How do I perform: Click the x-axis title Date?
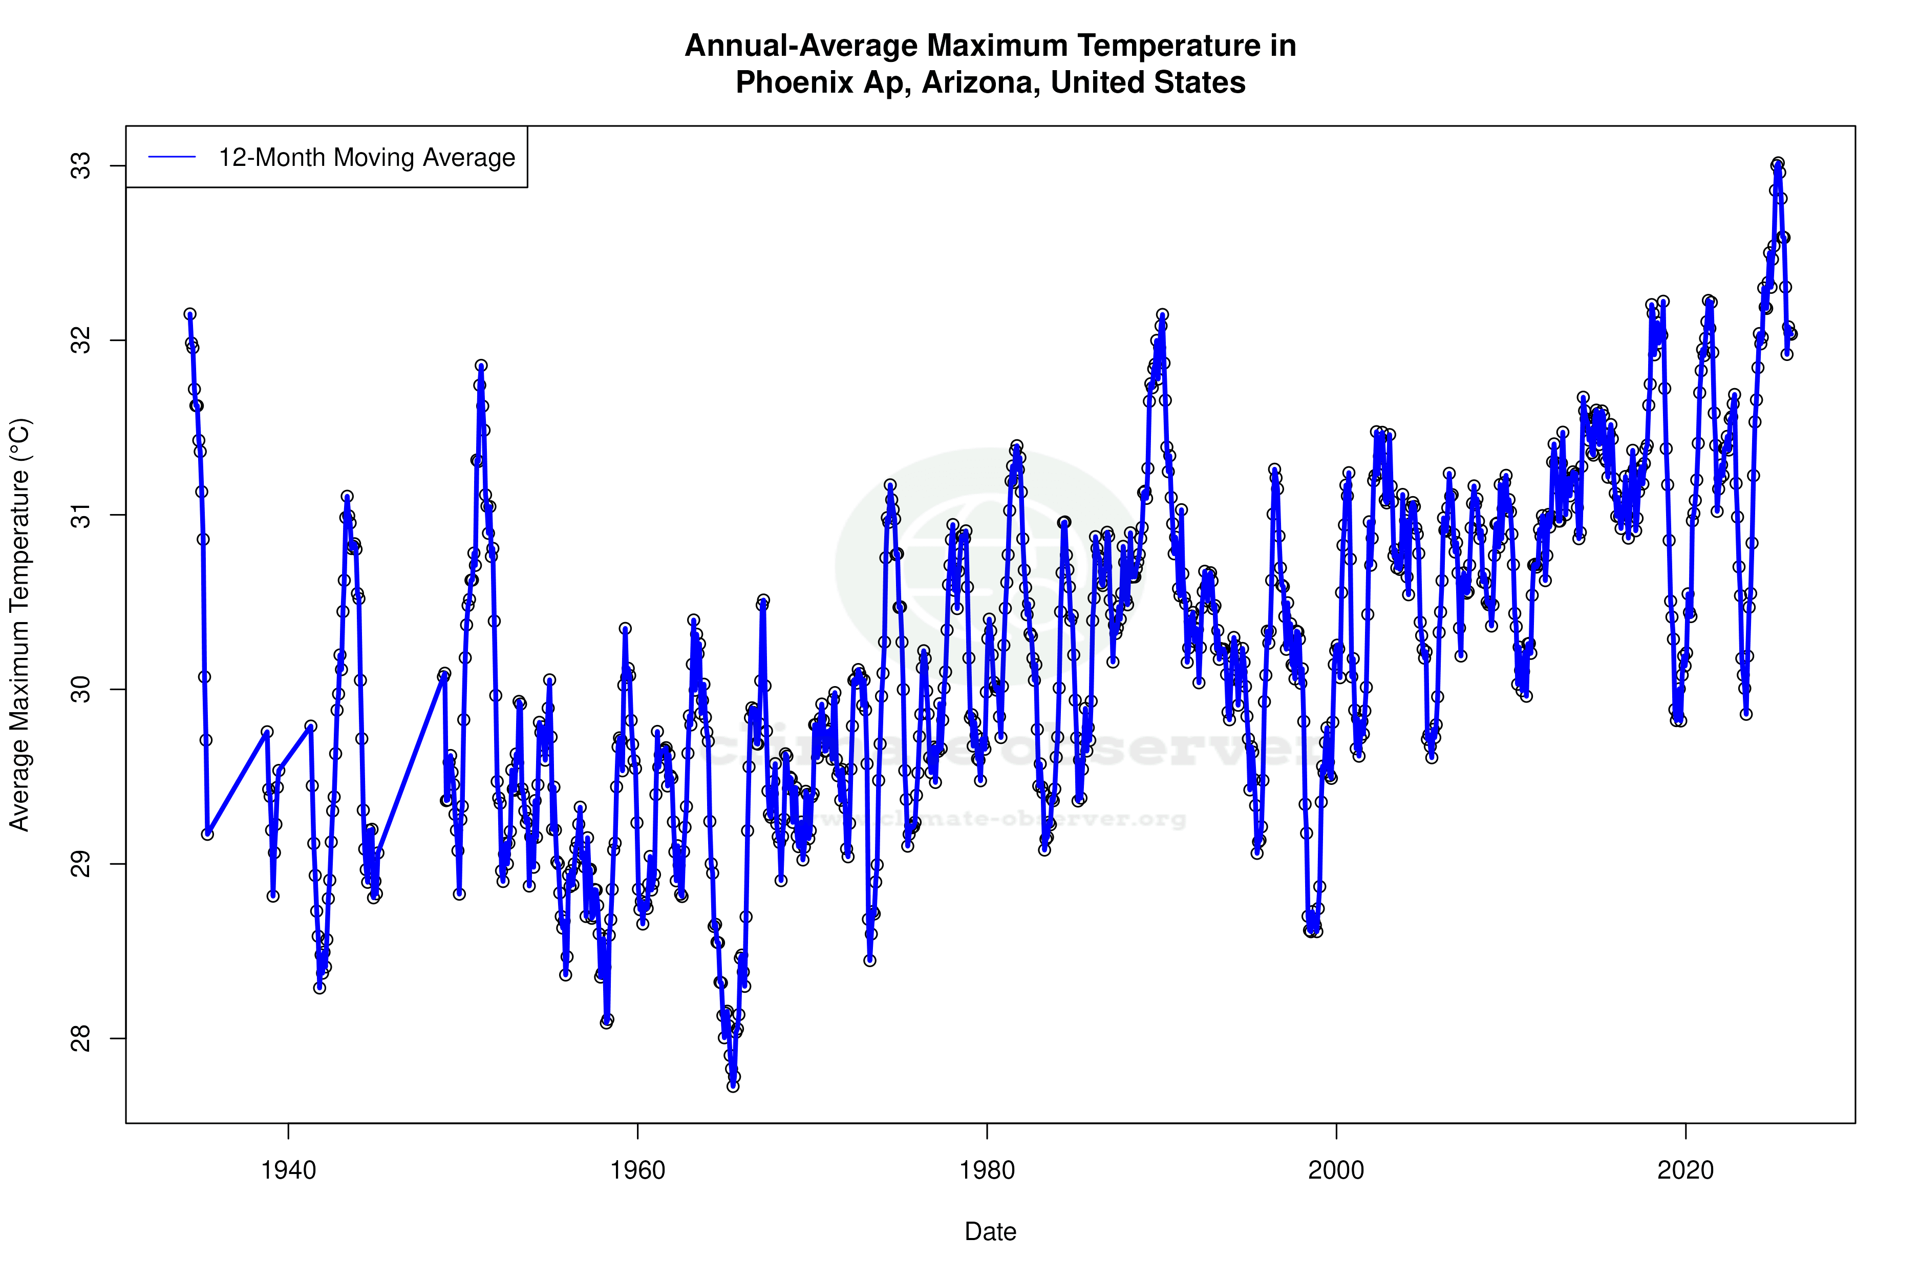(990, 1232)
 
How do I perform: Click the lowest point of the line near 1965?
(733, 1086)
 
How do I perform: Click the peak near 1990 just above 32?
(1162, 314)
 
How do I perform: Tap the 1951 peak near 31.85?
(482, 366)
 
